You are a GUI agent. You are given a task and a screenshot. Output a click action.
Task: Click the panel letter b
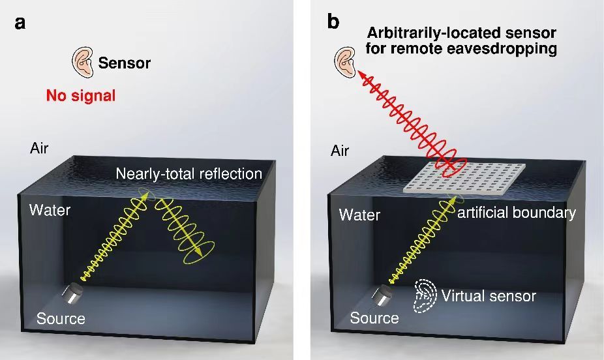[x=333, y=22]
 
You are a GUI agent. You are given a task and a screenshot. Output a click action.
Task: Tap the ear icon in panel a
[x=82, y=63]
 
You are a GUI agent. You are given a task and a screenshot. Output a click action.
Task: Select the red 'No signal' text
[x=81, y=96]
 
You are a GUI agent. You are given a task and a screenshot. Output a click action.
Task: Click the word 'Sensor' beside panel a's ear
[x=124, y=63]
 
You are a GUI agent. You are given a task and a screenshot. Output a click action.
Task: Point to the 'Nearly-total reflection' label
[x=189, y=173]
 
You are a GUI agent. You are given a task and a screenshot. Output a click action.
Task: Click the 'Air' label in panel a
[x=39, y=148]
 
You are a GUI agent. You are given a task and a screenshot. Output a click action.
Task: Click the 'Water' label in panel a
[x=50, y=210]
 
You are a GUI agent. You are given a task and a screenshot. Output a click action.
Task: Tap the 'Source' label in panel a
[x=61, y=319]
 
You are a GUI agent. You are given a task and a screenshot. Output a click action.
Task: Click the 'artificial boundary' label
[x=517, y=213]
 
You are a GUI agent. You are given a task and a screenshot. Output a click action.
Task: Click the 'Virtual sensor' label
[x=489, y=296]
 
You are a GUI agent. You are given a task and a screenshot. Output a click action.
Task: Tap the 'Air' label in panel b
[x=340, y=151]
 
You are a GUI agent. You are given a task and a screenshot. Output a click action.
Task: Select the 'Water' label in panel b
[x=359, y=215]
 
